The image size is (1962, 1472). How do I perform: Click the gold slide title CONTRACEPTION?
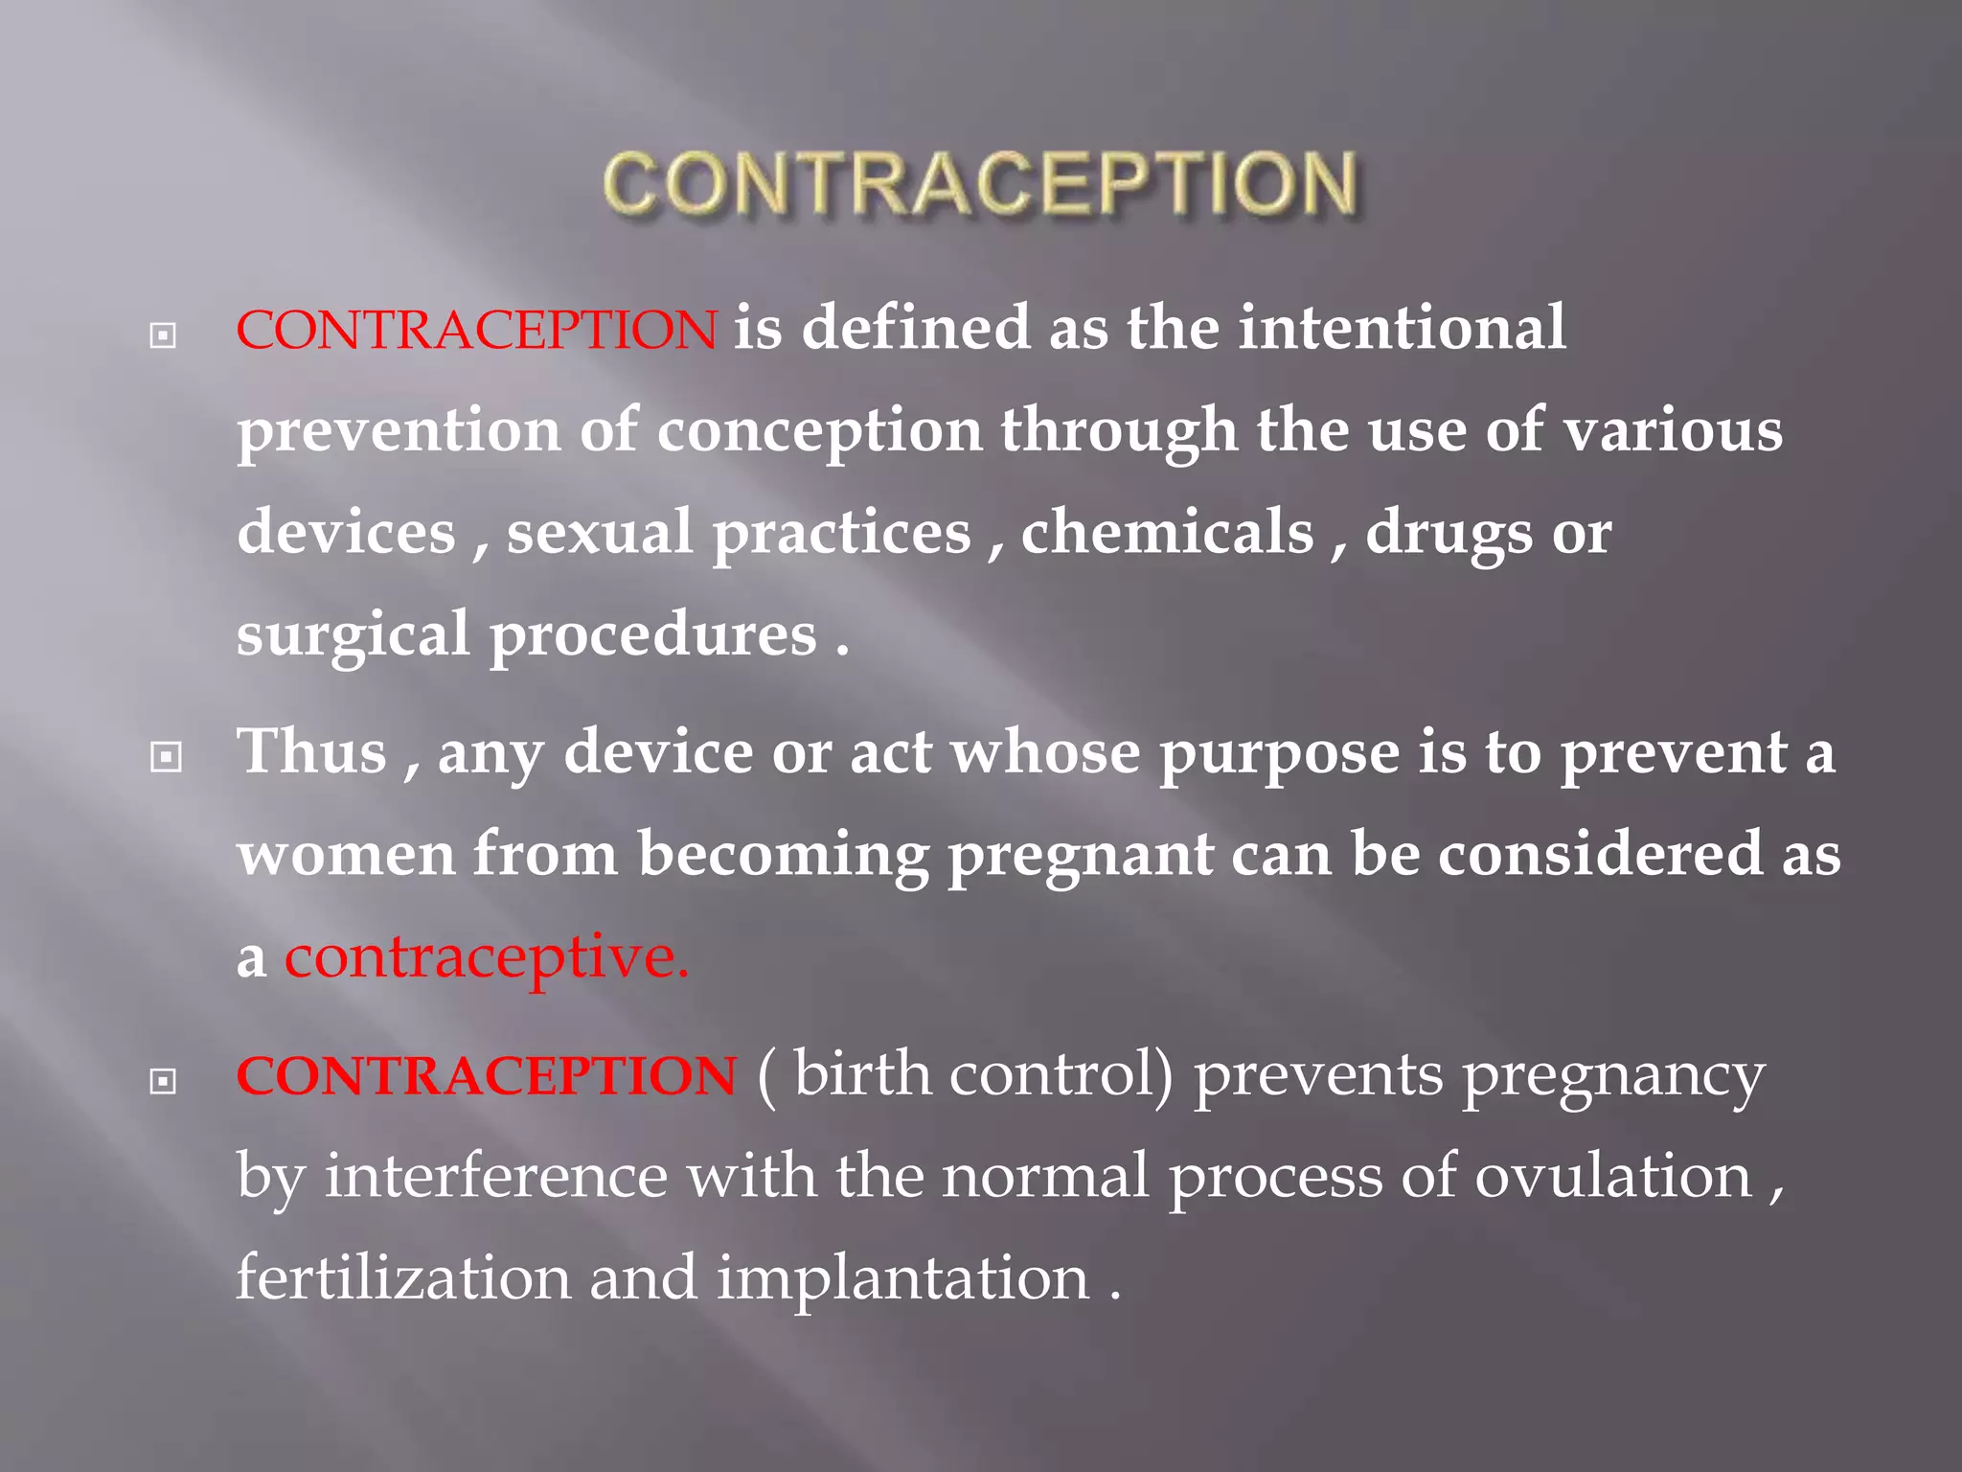pos(979,184)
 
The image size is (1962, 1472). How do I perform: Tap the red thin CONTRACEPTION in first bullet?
pos(476,330)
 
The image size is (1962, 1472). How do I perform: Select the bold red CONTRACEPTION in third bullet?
pos(487,1075)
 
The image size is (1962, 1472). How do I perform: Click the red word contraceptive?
pos(487,957)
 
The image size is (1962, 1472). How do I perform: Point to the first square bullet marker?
pos(164,335)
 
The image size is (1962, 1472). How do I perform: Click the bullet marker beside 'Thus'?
pos(166,758)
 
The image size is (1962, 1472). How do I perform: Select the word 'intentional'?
pos(1402,328)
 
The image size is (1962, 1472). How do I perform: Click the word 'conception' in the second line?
pos(820,431)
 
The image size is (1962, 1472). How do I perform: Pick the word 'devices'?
pos(347,533)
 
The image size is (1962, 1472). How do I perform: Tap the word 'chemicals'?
pos(1167,533)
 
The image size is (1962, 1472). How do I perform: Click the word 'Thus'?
pos(312,751)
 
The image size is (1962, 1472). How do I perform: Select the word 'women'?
pos(346,855)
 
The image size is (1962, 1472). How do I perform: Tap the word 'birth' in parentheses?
pos(862,1074)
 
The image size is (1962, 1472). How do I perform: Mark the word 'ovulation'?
pos(1613,1177)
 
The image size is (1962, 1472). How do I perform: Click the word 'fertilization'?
pos(403,1279)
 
